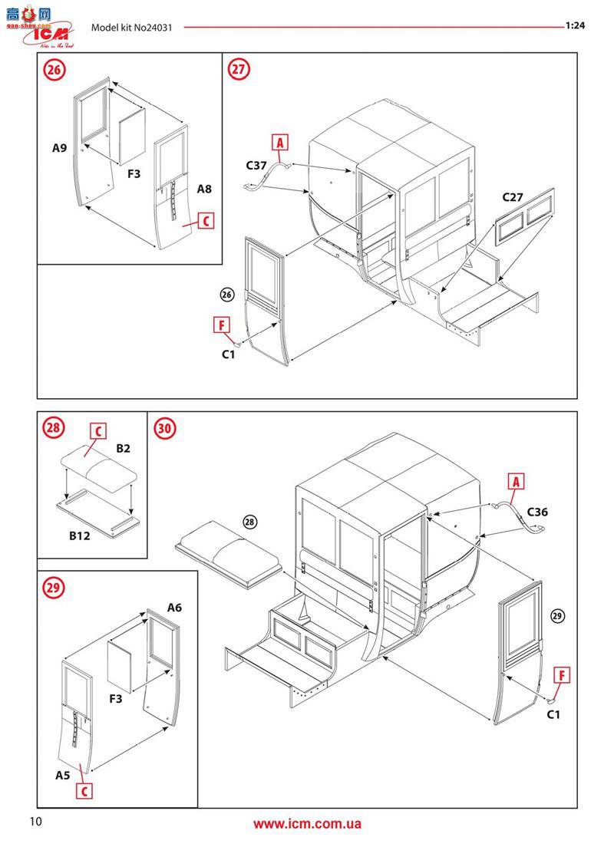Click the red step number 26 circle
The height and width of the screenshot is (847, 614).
point(54,71)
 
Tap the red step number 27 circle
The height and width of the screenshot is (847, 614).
point(239,70)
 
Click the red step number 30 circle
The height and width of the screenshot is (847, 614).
point(165,428)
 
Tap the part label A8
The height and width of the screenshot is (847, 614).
point(204,188)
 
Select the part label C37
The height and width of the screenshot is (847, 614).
point(257,165)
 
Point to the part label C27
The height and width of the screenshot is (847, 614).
point(513,197)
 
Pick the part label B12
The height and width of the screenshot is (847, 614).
point(78,536)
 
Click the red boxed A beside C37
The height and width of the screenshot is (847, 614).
point(280,143)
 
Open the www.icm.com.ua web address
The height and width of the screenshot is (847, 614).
point(307,825)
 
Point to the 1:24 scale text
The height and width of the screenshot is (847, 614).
point(575,25)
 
